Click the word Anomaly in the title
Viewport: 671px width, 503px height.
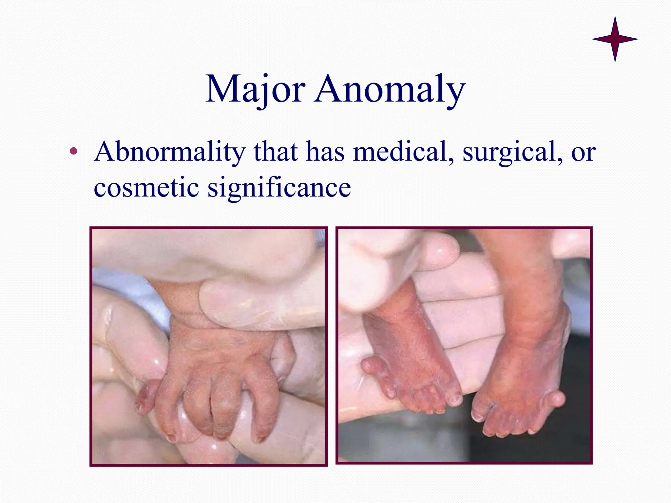click(390, 89)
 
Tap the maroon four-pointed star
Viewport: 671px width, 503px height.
click(615, 39)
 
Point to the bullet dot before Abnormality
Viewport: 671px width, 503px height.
click(74, 151)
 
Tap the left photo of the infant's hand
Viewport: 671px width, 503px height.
click(209, 346)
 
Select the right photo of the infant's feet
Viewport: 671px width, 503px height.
click(464, 345)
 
